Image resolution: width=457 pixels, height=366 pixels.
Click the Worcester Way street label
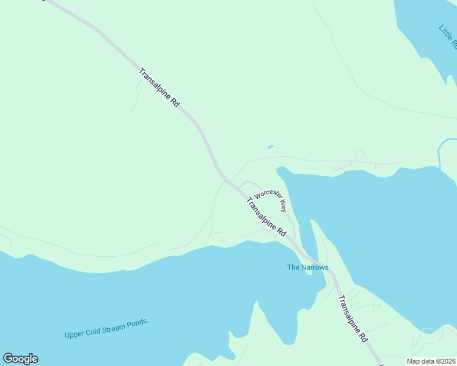(x=271, y=198)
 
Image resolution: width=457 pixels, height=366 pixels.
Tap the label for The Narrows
(x=308, y=267)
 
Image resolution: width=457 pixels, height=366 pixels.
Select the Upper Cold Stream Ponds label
(x=106, y=328)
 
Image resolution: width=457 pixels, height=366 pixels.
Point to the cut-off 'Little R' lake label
(x=448, y=37)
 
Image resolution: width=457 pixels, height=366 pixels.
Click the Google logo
(x=20, y=359)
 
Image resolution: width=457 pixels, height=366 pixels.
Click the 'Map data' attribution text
(x=422, y=361)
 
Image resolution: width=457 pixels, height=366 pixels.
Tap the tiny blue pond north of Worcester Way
(x=270, y=146)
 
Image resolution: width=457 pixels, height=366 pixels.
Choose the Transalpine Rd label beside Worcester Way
(x=266, y=217)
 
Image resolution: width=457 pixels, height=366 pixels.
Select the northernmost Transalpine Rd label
(x=159, y=88)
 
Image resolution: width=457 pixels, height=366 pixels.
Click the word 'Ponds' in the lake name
(x=136, y=323)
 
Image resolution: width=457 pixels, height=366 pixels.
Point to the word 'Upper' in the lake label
(x=74, y=334)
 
